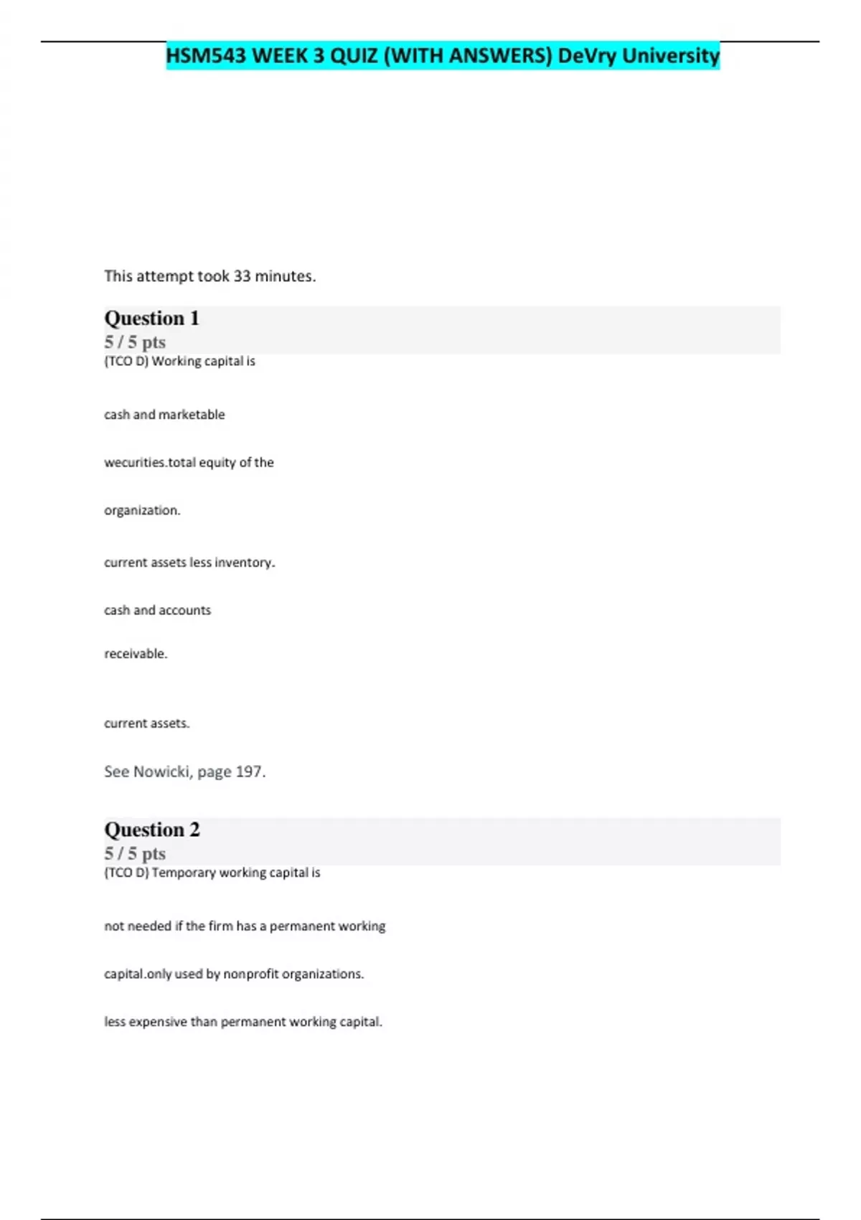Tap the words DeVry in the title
(586, 55)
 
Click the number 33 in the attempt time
(242, 276)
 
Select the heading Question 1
(151, 318)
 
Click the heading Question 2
(151, 830)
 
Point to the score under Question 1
(135, 342)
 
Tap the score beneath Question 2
(135, 854)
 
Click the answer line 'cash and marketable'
(164, 415)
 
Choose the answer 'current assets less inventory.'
(189, 563)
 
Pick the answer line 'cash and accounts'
(157, 611)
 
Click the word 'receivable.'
(136, 654)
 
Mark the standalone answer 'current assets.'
(146, 723)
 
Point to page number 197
(250, 772)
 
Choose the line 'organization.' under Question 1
(142, 511)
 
